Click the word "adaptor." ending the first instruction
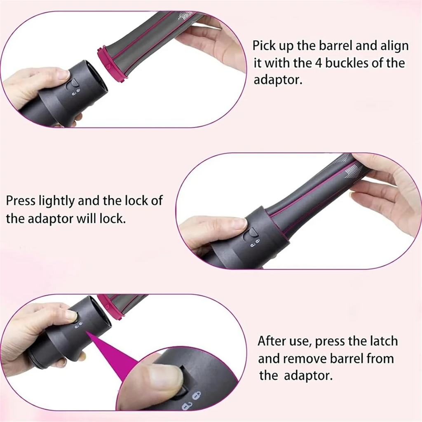[x=278, y=80]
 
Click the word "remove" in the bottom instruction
[x=304, y=359]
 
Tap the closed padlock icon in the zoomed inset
[x=196, y=395]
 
